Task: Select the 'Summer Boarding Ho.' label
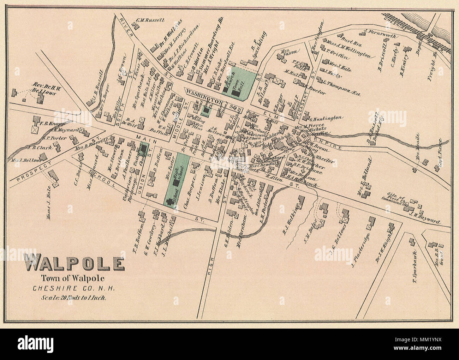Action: point(210,44)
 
